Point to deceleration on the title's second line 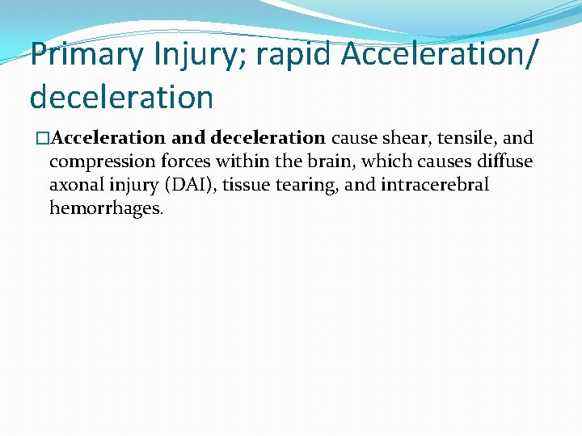tap(121, 97)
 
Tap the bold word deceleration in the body tap(267, 138)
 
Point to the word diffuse tap(504, 161)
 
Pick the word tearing tap(307, 185)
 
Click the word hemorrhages tap(105, 208)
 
